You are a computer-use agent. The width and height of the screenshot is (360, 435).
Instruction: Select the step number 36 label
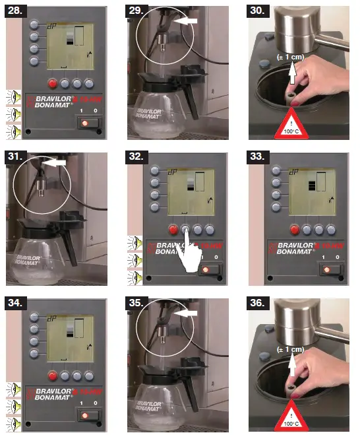pyautogui.click(x=260, y=304)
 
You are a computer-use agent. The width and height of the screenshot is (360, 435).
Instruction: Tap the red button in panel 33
pyautogui.click(x=294, y=230)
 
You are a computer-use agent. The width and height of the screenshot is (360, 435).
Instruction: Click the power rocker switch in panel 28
pyautogui.click(x=86, y=123)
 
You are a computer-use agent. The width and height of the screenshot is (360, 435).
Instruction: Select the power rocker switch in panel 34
pyautogui.click(x=86, y=415)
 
